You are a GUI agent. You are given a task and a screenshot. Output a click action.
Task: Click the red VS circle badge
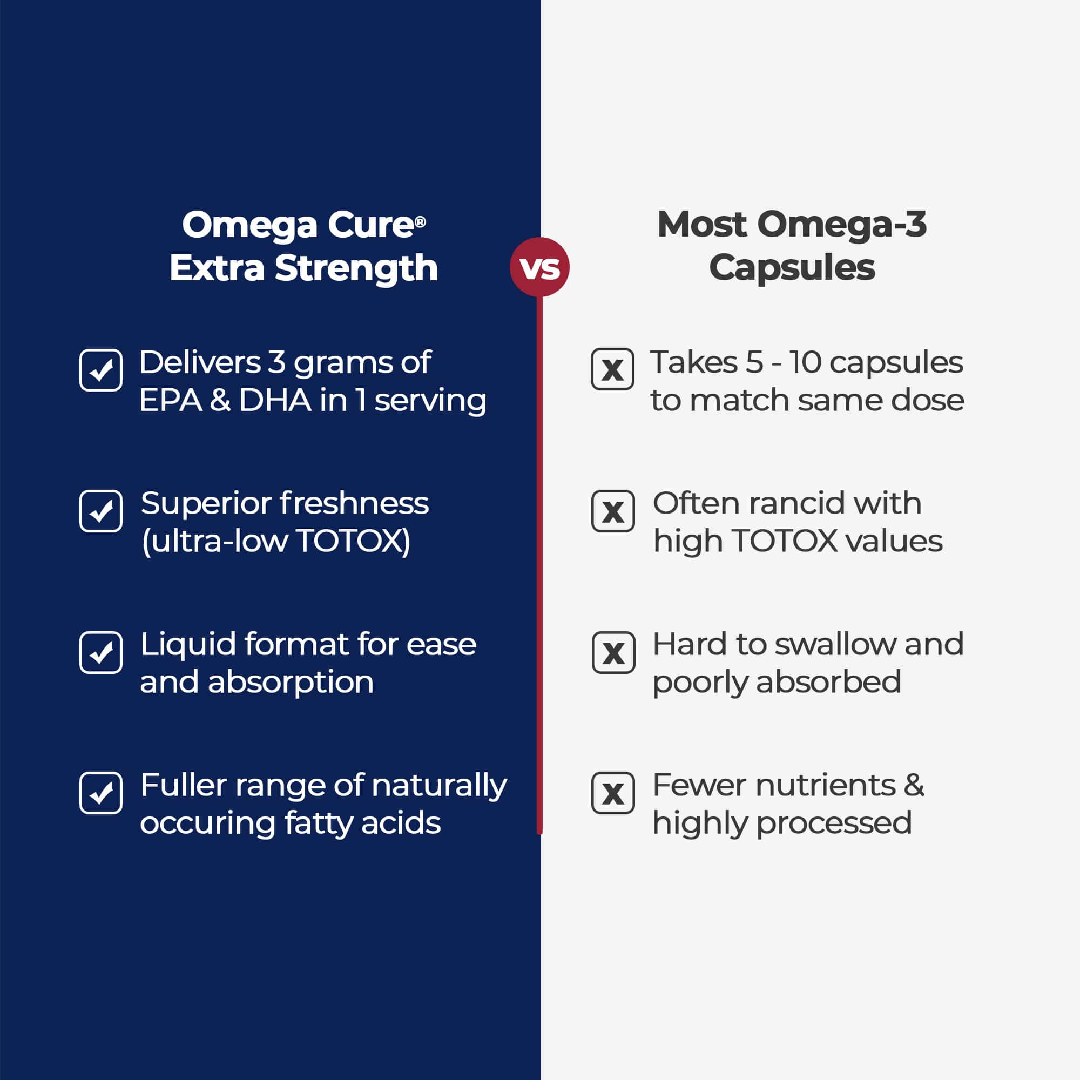coord(539,267)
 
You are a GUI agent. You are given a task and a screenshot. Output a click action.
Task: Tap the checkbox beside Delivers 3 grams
coord(100,370)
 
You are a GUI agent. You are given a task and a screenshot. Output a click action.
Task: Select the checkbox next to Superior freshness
coord(100,511)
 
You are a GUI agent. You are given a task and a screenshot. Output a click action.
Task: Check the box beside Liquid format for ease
coord(100,652)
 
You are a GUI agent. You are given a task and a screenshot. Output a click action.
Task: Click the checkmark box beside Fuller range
coord(100,793)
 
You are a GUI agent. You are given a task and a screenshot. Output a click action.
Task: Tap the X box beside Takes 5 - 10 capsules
coord(613,369)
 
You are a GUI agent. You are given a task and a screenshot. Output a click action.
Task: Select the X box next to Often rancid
coord(613,511)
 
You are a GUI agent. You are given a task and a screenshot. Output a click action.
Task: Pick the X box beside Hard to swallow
coord(614,652)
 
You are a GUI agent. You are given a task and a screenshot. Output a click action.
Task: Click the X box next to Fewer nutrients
coord(613,793)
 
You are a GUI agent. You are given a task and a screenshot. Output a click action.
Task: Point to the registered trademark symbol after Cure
coord(420,222)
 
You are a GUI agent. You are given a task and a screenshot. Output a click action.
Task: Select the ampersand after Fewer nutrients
coord(914,785)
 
